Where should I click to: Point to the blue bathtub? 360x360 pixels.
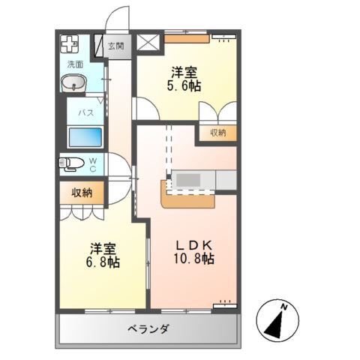click(x=85, y=139)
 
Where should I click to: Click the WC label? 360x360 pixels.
click(x=93, y=163)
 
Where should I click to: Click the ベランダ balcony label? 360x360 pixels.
click(x=147, y=329)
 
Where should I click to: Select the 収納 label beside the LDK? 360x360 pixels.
click(x=218, y=133)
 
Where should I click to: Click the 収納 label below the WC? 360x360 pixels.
click(x=82, y=193)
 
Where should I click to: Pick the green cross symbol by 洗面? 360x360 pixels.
click(x=70, y=44)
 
